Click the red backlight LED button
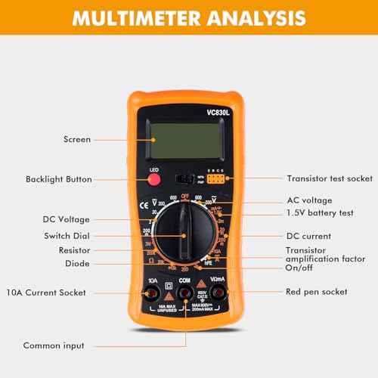[155, 181]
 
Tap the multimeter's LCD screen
[186, 140]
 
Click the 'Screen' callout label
[78, 140]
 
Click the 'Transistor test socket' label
[330, 179]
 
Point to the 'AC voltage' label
[309, 201]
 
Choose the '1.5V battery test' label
[321, 213]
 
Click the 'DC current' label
[310, 236]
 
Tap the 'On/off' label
[300, 268]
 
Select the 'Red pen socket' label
[317, 291]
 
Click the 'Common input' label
[53, 345]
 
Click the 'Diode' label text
[78, 264]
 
